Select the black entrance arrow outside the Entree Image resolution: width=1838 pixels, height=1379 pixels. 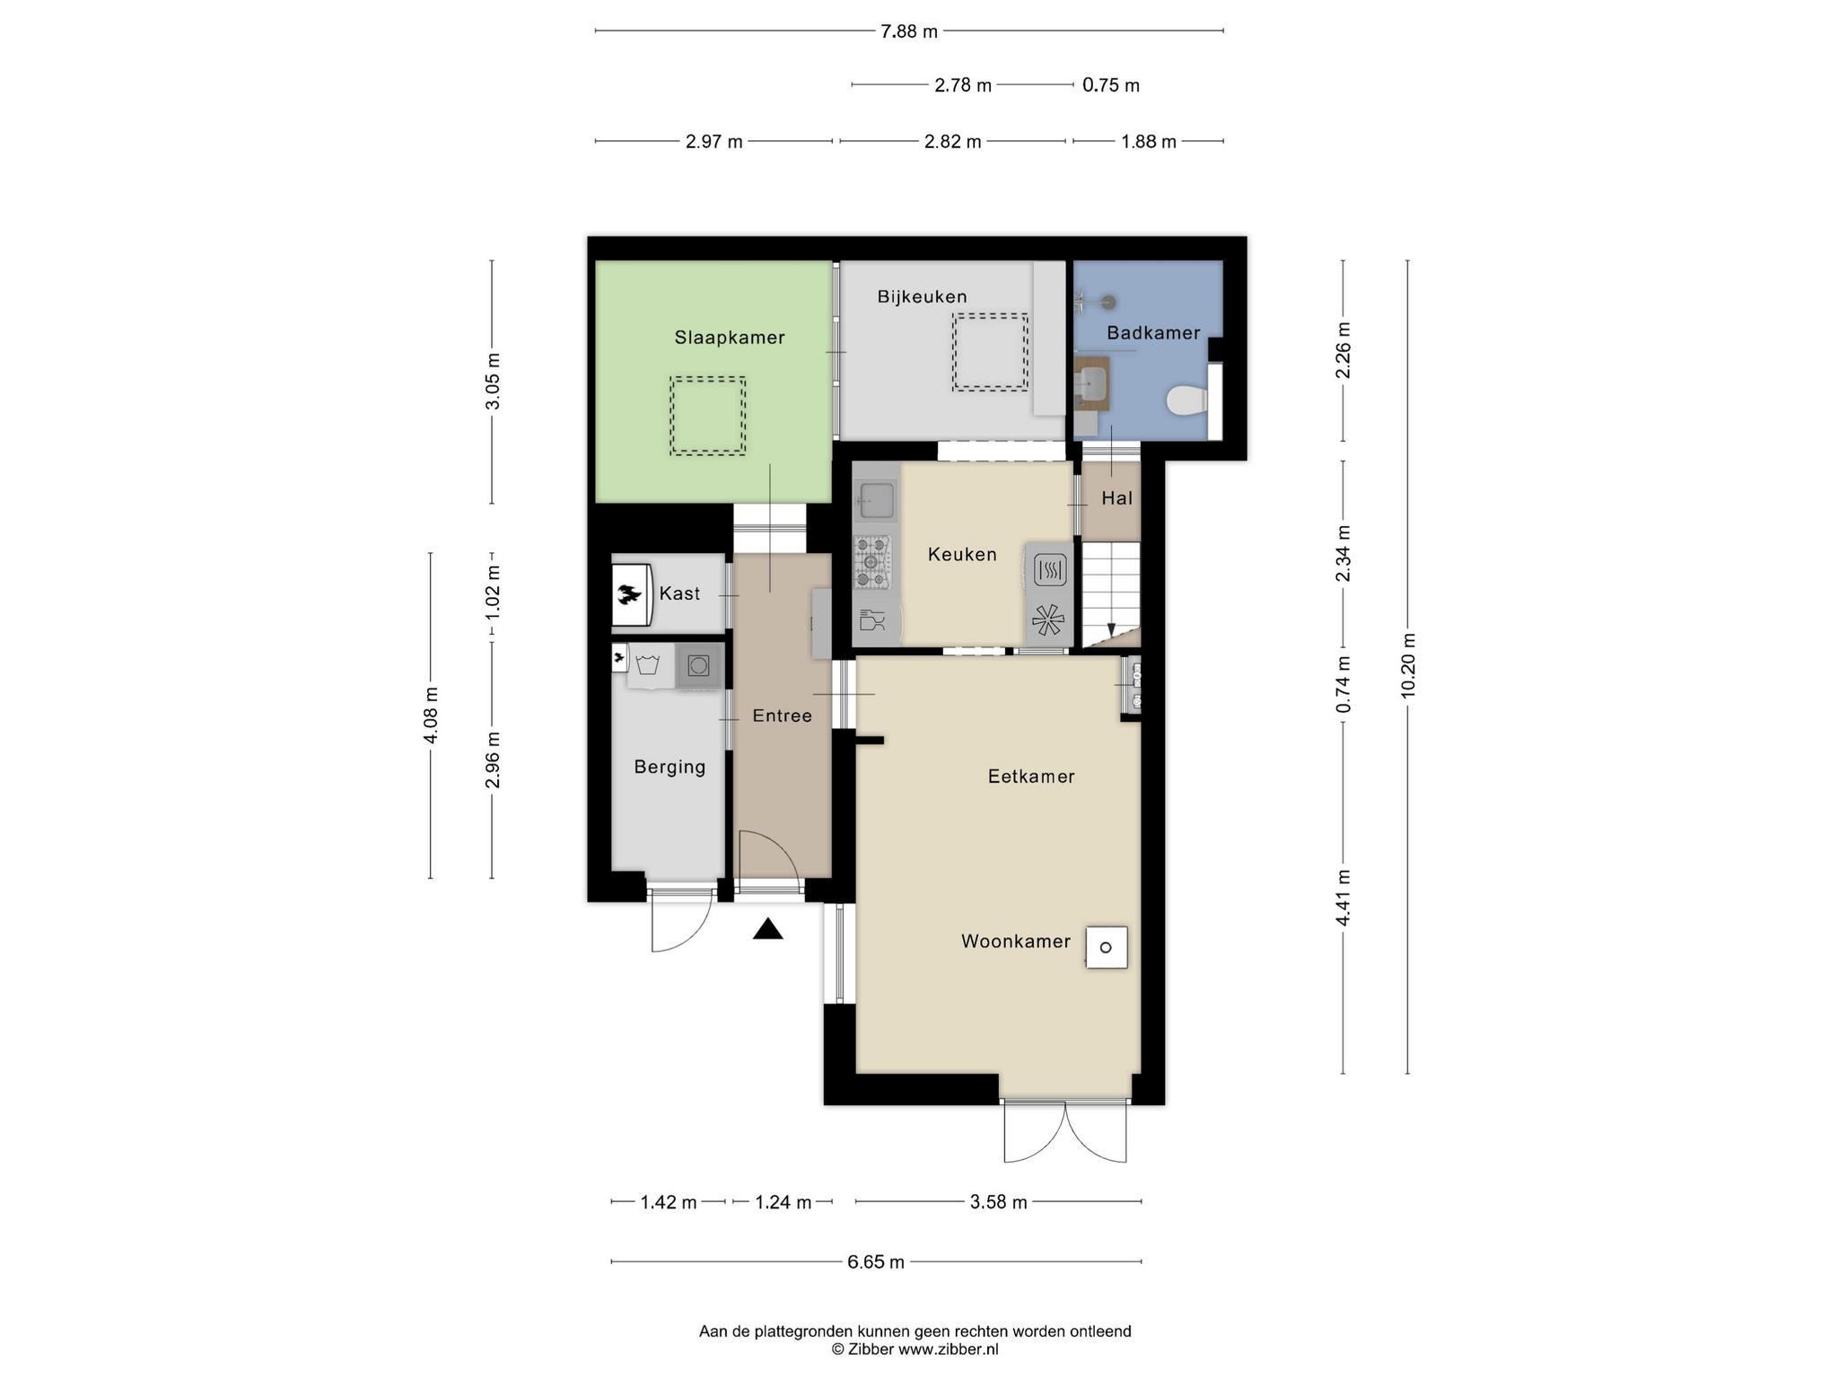767,928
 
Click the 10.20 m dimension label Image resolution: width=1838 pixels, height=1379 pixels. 1407,665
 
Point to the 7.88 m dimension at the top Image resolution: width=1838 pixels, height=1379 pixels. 909,31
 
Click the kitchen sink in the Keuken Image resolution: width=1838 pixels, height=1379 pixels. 876,501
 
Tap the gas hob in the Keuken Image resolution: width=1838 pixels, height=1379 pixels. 872,562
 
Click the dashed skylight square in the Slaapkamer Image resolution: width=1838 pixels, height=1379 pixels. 707,416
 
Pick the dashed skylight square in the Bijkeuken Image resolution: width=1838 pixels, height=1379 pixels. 990,351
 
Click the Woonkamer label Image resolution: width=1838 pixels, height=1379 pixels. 1016,941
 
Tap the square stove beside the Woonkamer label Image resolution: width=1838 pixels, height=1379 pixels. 1107,947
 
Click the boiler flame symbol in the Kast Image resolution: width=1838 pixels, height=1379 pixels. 629,593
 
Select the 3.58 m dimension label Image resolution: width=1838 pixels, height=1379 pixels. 998,1202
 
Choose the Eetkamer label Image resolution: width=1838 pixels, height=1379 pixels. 1031,777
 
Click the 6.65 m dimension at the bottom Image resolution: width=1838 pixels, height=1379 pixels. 876,1261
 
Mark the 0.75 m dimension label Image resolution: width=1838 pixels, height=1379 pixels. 1111,85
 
